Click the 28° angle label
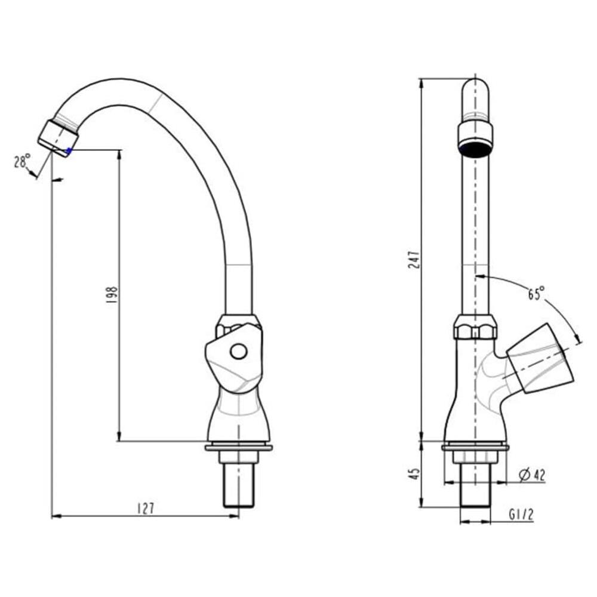[x=22, y=161]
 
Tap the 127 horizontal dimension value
[x=146, y=508]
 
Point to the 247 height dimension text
[x=414, y=259]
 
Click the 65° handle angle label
[x=536, y=293]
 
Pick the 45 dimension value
[x=415, y=473]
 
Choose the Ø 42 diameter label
[x=532, y=475]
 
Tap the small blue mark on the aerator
[x=69, y=151]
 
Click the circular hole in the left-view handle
[x=238, y=352]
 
